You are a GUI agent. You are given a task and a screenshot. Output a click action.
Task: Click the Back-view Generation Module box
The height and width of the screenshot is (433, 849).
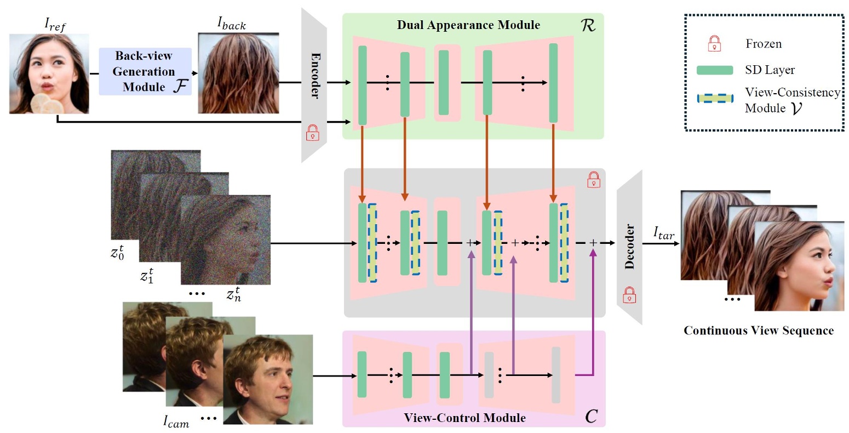tap(145, 71)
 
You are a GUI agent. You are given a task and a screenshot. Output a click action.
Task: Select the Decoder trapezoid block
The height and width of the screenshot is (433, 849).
tap(629, 247)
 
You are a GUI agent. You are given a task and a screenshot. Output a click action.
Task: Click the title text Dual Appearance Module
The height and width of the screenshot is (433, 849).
tap(468, 25)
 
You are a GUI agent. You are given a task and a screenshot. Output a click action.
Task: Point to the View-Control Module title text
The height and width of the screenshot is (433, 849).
tap(464, 418)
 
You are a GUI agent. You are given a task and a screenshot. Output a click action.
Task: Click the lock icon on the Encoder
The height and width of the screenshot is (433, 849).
tap(313, 133)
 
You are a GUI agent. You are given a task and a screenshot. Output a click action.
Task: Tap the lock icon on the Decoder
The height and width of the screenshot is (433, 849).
tap(629, 295)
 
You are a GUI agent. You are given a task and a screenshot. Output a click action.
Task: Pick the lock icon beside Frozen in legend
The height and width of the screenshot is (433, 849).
tap(714, 43)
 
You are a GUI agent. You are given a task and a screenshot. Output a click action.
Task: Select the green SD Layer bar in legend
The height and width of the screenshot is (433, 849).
tap(714, 70)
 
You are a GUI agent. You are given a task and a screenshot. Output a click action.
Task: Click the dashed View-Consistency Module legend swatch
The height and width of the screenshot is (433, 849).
tap(715, 99)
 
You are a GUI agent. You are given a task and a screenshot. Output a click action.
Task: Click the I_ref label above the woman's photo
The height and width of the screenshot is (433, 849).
tap(55, 24)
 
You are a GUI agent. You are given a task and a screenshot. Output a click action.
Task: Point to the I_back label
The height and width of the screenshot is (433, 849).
tap(232, 24)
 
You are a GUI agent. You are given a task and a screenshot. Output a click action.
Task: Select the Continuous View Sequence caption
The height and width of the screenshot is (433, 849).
tap(759, 331)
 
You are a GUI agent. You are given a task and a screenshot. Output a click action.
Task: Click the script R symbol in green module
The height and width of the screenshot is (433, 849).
tap(588, 25)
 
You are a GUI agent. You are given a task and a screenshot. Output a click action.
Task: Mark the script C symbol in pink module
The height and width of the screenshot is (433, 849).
tap(591, 417)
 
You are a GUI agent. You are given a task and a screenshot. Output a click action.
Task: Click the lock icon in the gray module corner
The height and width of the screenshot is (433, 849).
tap(593, 179)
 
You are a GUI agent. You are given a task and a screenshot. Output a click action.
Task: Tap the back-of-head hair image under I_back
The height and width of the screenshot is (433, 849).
tap(238, 73)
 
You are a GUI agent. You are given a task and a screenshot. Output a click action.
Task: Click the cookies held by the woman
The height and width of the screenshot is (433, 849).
tap(47, 104)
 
